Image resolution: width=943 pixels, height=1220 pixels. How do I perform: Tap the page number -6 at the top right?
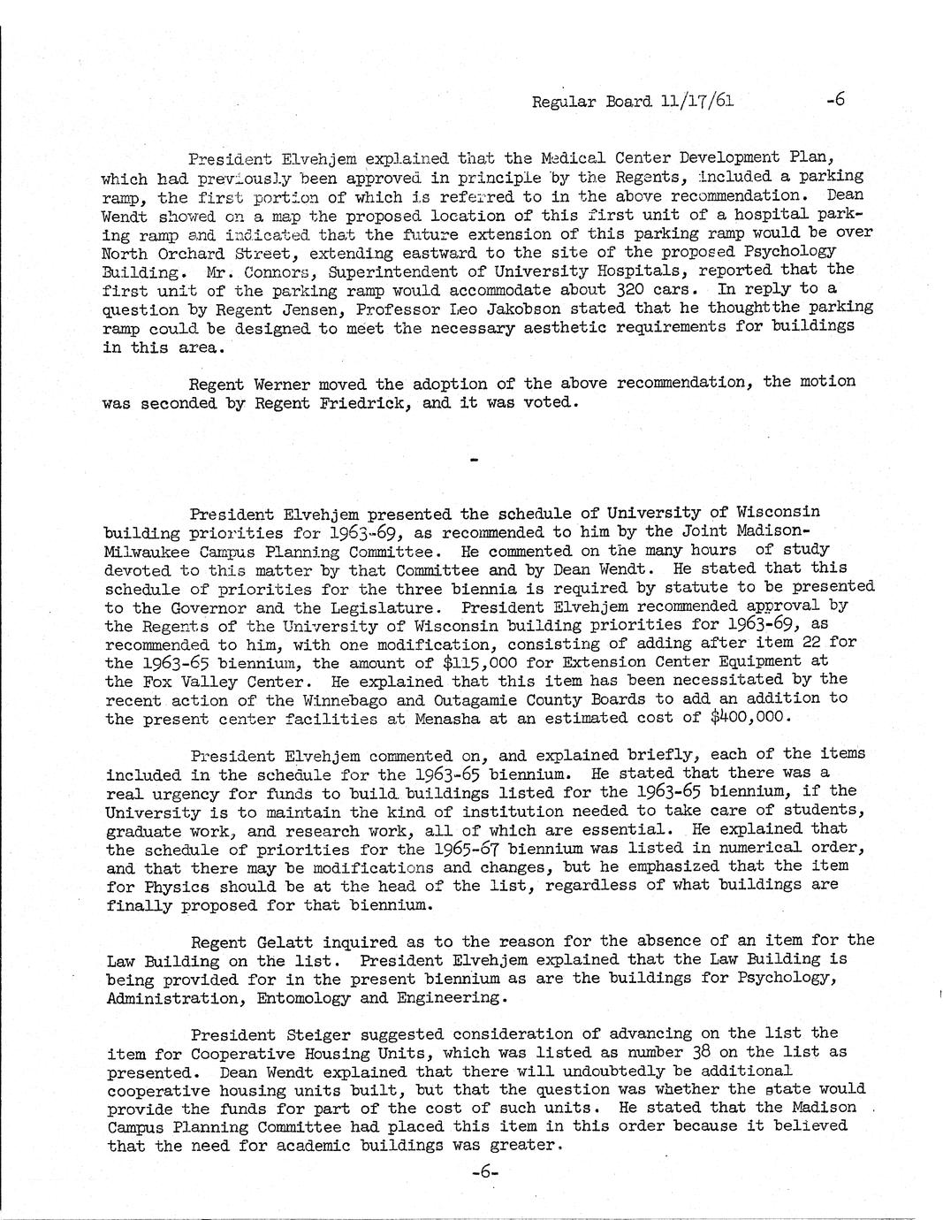pos(835,99)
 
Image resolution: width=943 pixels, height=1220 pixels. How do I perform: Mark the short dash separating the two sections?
pos(474,460)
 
